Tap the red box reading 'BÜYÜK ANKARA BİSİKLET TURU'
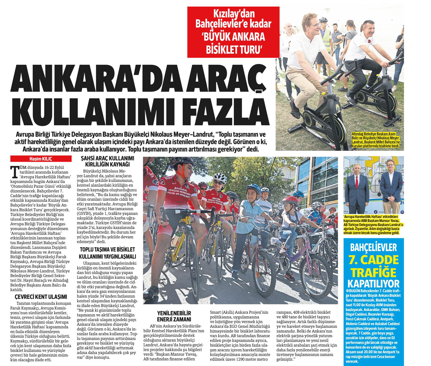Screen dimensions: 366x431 233,32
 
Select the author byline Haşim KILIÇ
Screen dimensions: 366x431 41,159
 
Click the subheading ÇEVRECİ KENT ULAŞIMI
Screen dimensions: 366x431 41,297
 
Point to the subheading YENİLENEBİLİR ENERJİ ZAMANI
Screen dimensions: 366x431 174,316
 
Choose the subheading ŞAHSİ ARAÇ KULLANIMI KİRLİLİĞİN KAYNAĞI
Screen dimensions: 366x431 107,161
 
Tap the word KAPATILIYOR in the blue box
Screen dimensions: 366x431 374,284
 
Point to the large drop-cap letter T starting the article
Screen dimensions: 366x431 14,172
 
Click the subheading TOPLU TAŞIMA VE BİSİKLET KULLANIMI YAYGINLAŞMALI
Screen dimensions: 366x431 107,253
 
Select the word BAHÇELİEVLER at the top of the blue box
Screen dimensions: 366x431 373,247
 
